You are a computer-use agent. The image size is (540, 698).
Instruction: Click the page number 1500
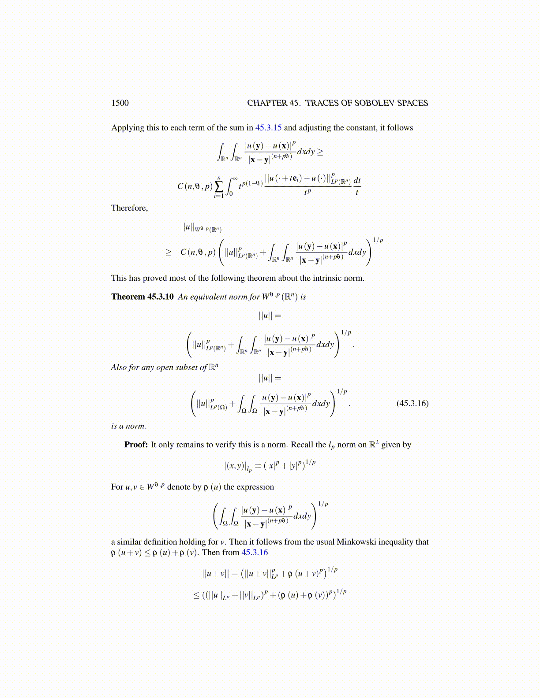120,103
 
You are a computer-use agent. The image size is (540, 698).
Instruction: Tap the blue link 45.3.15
268,128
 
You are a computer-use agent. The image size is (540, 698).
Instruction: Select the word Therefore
129,208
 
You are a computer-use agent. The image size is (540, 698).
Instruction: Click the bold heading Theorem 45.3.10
142,297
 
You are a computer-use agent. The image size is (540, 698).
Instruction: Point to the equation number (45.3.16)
412,403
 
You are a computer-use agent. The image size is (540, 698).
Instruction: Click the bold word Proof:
136,445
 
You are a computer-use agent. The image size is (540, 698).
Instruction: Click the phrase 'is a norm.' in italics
128,426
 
